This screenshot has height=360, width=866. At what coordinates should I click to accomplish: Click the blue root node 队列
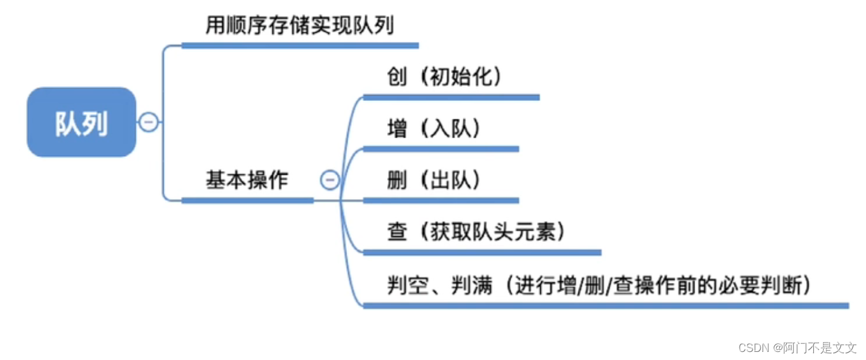point(81,123)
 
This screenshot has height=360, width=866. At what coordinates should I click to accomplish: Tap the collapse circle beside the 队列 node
point(148,122)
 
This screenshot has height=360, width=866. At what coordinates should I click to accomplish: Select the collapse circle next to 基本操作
point(330,180)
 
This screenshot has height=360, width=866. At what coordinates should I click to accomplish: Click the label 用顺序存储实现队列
point(300,25)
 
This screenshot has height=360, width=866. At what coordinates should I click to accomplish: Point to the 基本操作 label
point(247,180)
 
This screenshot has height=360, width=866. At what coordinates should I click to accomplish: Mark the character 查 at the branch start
point(397,232)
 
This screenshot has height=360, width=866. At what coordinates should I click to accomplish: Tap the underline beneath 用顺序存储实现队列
point(300,45)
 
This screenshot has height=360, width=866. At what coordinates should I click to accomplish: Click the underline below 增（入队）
point(440,149)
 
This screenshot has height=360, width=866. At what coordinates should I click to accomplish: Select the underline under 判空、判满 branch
point(605,305)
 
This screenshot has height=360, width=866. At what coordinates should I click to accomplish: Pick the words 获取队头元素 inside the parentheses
point(492,232)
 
